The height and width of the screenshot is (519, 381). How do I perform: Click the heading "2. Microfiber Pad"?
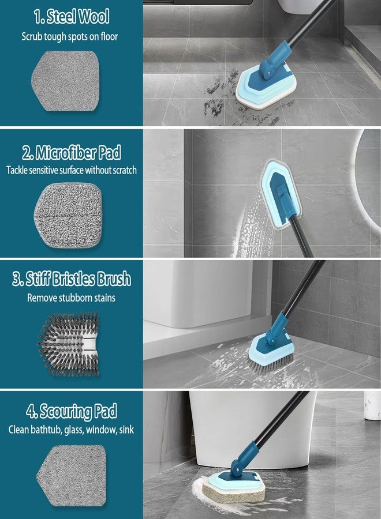72,153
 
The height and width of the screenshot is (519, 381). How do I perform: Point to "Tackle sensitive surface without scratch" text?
72,170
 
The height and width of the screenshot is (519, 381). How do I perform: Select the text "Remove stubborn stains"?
72,298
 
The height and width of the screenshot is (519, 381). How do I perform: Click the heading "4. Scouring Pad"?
72,412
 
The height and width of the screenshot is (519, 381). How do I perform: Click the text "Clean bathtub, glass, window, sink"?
72,430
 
